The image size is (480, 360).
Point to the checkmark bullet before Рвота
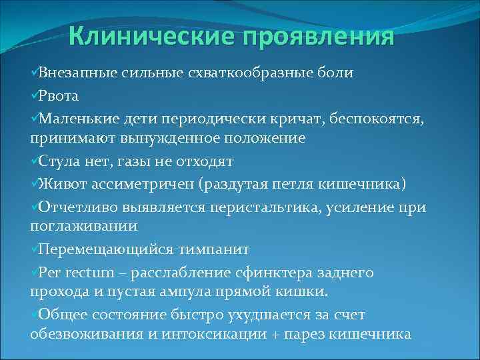click(34, 95)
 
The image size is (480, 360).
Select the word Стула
click(59, 161)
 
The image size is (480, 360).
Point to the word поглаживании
click(83, 227)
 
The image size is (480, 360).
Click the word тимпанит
click(213, 249)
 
